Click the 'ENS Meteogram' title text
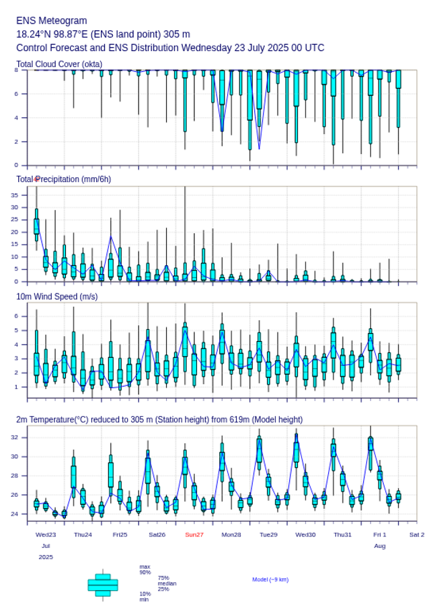coord(52,21)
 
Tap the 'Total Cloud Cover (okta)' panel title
coord(59,64)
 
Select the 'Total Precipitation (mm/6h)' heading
coord(64,179)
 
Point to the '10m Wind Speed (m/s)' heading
coord(56,296)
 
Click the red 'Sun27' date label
coord(194,534)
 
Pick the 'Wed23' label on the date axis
coord(46,534)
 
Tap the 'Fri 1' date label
coord(380,534)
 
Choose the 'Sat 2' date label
coord(417,534)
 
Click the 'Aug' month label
coord(380,546)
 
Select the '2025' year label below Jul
coord(46,557)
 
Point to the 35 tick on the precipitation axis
coord(14,195)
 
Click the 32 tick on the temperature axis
coord(14,437)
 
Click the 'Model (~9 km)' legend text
coord(270,579)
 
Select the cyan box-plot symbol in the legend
coord(103,585)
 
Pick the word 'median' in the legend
coord(167,583)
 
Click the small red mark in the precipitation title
coord(36,179)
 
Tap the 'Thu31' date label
coord(343,534)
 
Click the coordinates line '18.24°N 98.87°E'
coord(60,34)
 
